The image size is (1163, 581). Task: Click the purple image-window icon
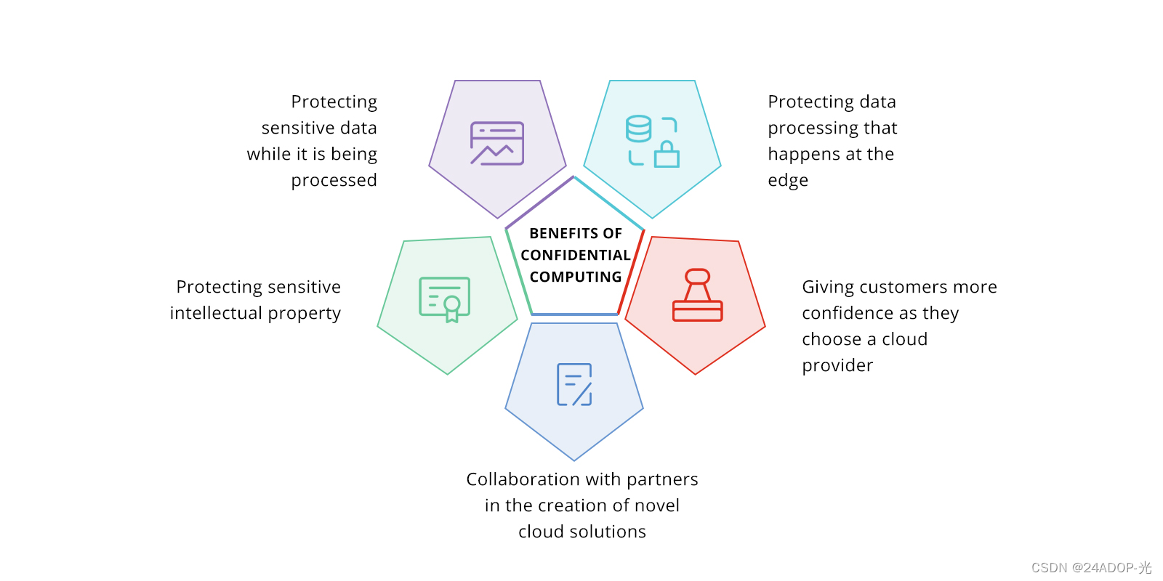tap(497, 143)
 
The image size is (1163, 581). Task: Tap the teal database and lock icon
tap(652, 142)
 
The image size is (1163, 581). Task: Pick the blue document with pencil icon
tap(574, 384)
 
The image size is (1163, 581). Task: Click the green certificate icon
tap(445, 298)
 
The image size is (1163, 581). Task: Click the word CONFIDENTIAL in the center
tap(575, 255)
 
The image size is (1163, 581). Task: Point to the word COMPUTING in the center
tap(575, 277)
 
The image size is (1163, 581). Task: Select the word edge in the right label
tap(788, 181)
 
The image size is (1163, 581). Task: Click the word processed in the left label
tap(334, 180)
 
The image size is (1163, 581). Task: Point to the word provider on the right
tap(837, 365)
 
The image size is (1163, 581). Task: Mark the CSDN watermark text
tap(1091, 568)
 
